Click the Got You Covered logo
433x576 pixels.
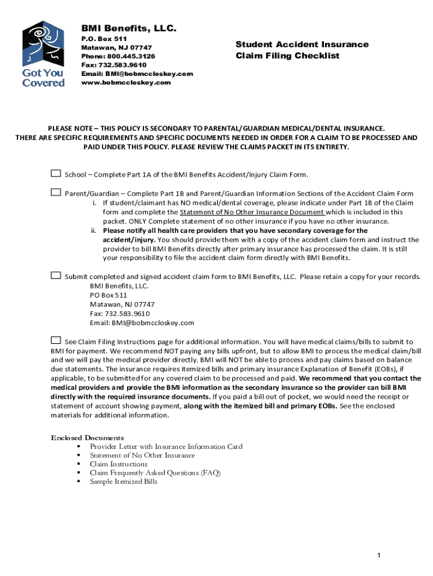[43, 55]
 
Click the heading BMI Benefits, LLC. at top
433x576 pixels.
[129, 28]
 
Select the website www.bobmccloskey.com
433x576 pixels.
[125, 82]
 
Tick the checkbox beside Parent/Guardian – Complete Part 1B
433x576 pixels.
[56, 192]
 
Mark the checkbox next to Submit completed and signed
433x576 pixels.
[56, 276]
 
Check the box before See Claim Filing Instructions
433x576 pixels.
[56, 340]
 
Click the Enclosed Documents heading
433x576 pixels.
[88, 438]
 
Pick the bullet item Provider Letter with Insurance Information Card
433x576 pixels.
[166, 447]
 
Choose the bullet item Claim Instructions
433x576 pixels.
[119, 464]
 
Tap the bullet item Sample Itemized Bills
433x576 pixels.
[124, 481]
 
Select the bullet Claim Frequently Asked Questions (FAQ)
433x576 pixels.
[155, 473]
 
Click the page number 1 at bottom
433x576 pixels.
[379, 556]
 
